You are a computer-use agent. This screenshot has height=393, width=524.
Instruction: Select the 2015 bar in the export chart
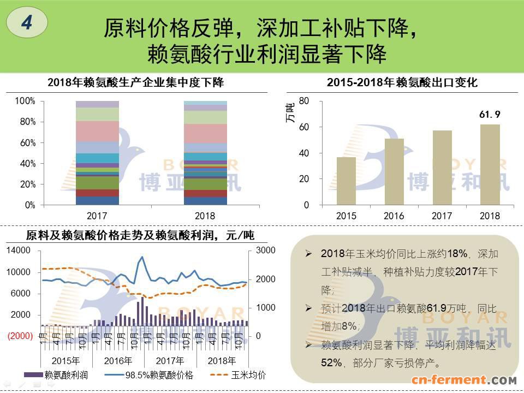point(346,181)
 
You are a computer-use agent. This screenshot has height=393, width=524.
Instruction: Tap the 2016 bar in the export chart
point(394,171)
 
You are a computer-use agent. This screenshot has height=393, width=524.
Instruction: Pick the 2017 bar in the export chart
point(442,168)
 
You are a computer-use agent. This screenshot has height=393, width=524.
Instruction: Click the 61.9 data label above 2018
point(490,115)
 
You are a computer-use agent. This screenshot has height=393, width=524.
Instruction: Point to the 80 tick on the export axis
point(305,101)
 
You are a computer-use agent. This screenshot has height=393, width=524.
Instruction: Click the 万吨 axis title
point(290,112)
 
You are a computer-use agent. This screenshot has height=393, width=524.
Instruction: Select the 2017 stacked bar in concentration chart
point(97,153)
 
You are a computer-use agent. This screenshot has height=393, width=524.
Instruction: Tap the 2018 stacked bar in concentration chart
point(205,153)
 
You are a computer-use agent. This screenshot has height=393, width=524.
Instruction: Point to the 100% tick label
point(25,101)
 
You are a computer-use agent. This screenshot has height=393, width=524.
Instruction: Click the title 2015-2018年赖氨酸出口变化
point(402,82)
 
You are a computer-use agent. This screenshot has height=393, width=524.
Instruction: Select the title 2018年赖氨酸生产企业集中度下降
point(136,82)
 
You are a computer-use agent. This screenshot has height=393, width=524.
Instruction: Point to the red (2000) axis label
point(20,336)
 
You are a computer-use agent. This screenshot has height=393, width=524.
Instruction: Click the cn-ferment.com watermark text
point(464,380)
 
